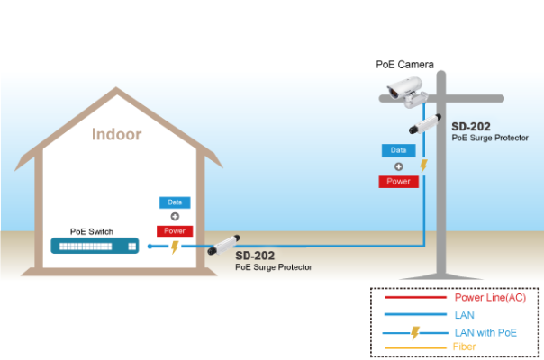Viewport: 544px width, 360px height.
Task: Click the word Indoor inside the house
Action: click(116, 134)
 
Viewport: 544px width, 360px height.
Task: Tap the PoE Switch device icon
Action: click(95, 246)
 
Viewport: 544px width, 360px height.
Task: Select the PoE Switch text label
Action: click(92, 231)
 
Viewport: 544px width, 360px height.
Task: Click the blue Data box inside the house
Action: click(175, 202)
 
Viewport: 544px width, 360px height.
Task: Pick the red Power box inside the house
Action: click(175, 231)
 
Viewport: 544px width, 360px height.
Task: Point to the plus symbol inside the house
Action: click(175, 216)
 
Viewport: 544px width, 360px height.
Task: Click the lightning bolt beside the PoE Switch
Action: click(175, 247)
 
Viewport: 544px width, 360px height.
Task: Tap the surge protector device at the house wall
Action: click(223, 245)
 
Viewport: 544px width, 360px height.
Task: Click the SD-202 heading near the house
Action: click(255, 256)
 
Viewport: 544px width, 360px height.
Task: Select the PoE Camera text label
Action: click(405, 65)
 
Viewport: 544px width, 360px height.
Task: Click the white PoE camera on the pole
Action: click(406, 92)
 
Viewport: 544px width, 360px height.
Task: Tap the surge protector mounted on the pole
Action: click(425, 124)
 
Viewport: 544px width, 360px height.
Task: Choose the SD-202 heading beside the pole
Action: click(471, 127)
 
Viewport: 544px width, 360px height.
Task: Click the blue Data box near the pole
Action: click(399, 150)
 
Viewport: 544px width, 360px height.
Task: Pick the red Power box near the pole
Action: click(399, 182)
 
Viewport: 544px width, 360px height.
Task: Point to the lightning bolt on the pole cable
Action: click(423, 166)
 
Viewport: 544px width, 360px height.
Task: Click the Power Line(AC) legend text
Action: click(490, 298)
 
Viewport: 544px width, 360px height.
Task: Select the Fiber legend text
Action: click(464, 346)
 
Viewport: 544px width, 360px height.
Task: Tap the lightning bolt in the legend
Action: click(415, 333)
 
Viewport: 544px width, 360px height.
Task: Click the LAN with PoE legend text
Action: click(485, 333)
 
